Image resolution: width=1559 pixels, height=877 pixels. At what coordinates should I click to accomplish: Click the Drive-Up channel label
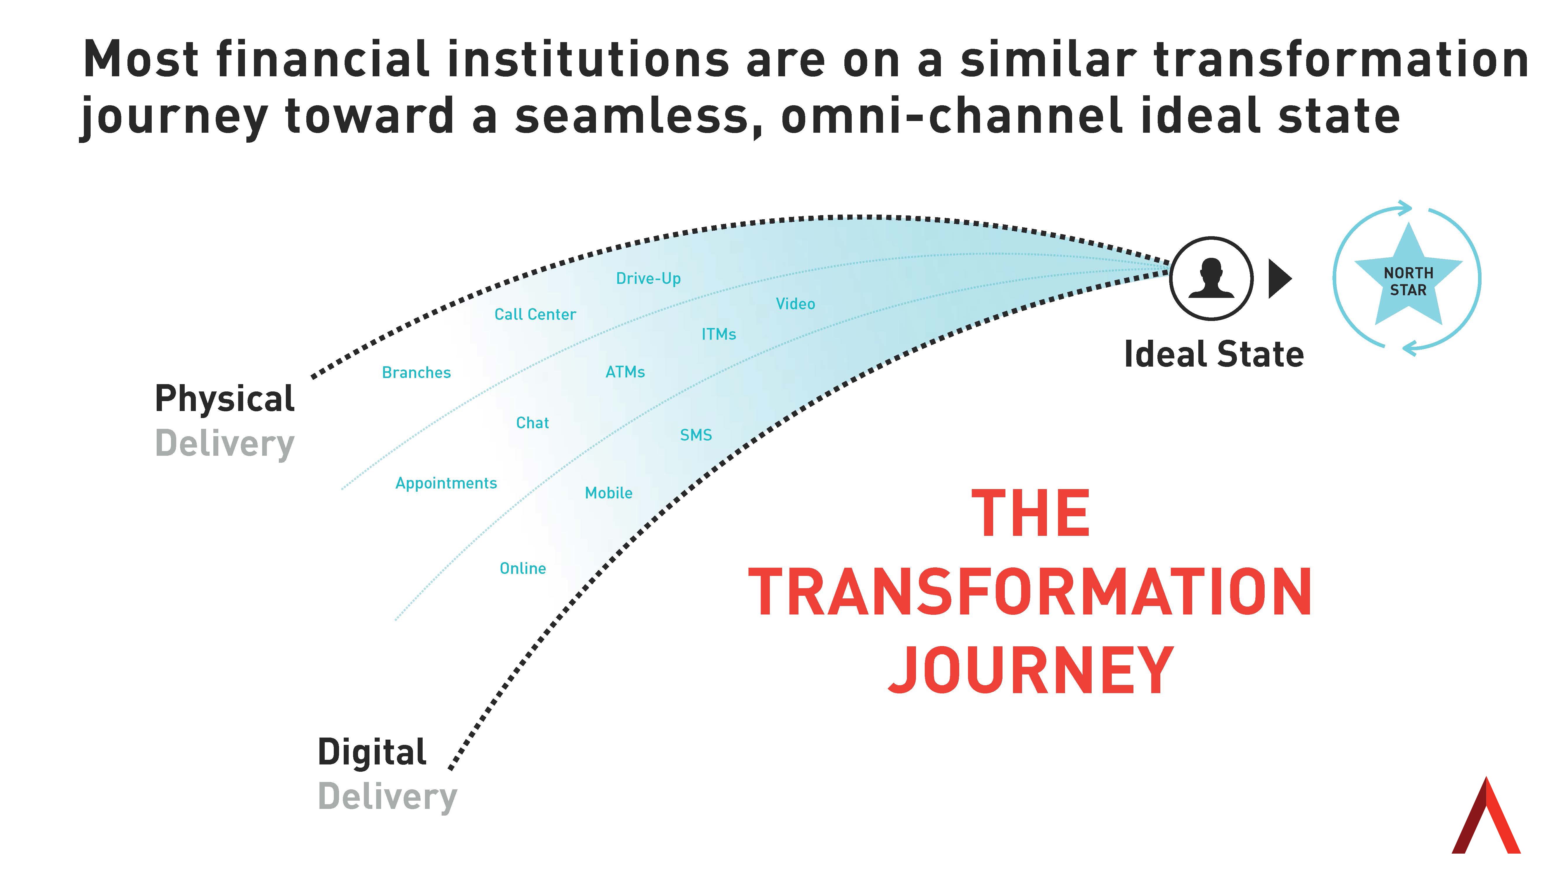pos(648,278)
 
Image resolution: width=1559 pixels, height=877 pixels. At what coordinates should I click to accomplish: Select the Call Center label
pos(535,314)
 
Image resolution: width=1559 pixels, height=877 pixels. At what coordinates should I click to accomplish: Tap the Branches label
pos(416,372)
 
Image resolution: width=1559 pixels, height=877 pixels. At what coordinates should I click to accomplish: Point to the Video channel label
pos(795,304)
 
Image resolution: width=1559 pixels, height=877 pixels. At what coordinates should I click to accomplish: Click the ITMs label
pos(718,334)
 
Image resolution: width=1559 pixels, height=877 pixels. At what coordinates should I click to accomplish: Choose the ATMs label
pos(625,372)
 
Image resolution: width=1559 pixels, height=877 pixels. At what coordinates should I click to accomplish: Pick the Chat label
pos(532,422)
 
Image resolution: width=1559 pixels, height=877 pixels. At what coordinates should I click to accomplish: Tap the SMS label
pos(696,435)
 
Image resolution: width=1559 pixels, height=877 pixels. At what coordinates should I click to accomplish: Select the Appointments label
pos(446,483)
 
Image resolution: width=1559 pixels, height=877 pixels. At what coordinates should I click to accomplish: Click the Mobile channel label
pos(608,493)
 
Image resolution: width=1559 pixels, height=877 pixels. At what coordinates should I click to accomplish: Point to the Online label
pos(522,568)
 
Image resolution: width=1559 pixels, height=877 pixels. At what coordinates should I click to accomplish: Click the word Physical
pos(224,399)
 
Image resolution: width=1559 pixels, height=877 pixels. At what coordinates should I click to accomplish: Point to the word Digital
pos(371,752)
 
